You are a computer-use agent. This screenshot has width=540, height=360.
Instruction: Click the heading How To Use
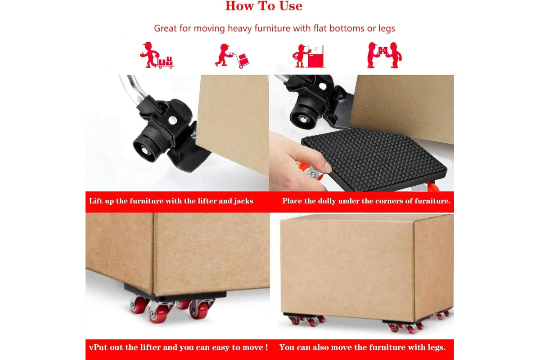click(x=264, y=6)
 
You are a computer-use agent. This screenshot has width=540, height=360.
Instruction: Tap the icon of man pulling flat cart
click(x=157, y=55)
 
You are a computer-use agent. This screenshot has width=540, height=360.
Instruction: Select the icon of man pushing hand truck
click(x=232, y=56)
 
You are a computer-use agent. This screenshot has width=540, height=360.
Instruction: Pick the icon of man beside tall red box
click(x=308, y=56)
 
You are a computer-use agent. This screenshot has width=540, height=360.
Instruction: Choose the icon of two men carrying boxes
click(x=384, y=55)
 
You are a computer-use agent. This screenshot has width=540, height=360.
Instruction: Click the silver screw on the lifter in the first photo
click(x=173, y=120)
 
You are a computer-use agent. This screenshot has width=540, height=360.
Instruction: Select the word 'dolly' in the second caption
click(x=327, y=201)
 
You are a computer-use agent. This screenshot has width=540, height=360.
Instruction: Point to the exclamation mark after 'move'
click(x=266, y=347)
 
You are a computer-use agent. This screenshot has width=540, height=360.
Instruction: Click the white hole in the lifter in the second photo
click(x=323, y=86)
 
